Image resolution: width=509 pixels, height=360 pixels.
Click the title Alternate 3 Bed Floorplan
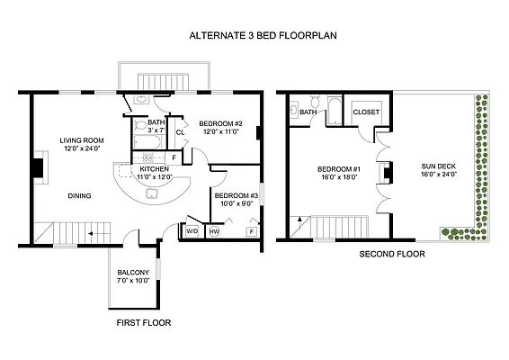tap(263, 35)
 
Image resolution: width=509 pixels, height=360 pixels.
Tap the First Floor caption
tap(144, 322)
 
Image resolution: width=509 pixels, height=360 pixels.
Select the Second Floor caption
tap(392, 254)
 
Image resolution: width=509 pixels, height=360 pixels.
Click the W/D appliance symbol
tap(192, 231)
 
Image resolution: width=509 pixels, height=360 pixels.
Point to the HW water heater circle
tap(214, 231)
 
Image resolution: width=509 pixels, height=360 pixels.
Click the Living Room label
tap(82, 140)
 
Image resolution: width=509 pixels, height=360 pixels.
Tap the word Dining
tap(79, 195)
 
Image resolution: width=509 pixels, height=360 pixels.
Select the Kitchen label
tap(154, 169)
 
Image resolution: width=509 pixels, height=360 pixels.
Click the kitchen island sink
tap(152, 193)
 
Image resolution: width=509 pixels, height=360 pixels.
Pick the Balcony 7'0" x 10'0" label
tap(133, 276)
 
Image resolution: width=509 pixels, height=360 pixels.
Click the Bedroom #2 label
tap(220, 123)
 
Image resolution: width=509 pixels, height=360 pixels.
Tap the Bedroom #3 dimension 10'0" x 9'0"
tap(237, 203)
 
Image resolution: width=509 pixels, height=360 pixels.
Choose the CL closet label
tap(180, 132)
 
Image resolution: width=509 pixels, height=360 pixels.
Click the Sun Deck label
tap(439, 166)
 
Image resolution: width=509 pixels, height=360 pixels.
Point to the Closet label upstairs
tap(366, 112)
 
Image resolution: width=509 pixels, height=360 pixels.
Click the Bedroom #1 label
tap(339, 169)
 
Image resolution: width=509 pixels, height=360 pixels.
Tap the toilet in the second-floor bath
tap(315, 101)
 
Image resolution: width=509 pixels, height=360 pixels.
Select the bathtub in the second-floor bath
tap(335, 110)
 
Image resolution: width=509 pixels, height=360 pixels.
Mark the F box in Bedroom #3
tap(252, 231)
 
